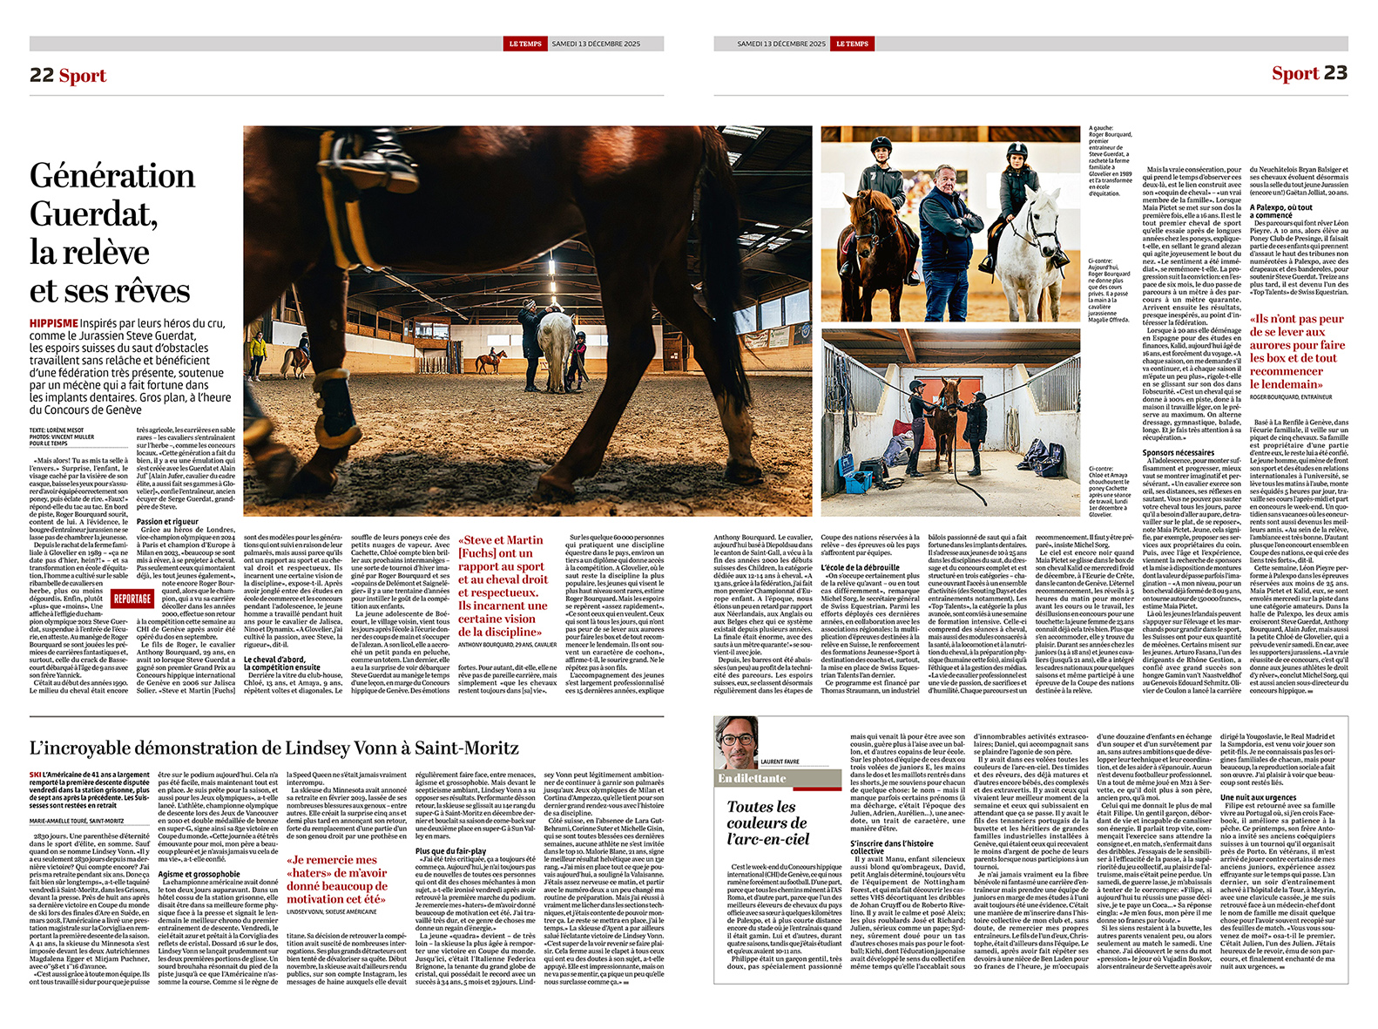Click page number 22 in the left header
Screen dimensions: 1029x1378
[42, 75]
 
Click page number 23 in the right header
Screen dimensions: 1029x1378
[1335, 73]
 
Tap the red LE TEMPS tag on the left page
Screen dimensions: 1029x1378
[524, 44]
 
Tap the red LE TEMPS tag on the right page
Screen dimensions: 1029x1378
[851, 44]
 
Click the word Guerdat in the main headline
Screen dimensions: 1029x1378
[92, 214]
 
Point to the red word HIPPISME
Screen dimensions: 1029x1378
[53, 323]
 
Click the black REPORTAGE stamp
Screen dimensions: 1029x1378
[132, 599]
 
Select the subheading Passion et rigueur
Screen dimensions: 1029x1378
[167, 522]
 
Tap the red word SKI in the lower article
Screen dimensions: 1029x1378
[35, 775]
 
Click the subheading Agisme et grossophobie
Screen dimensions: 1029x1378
[199, 874]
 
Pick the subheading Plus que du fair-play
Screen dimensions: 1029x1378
[450, 851]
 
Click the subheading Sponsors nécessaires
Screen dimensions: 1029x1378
[1178, 453]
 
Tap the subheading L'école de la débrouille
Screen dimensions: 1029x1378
[860, 567]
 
